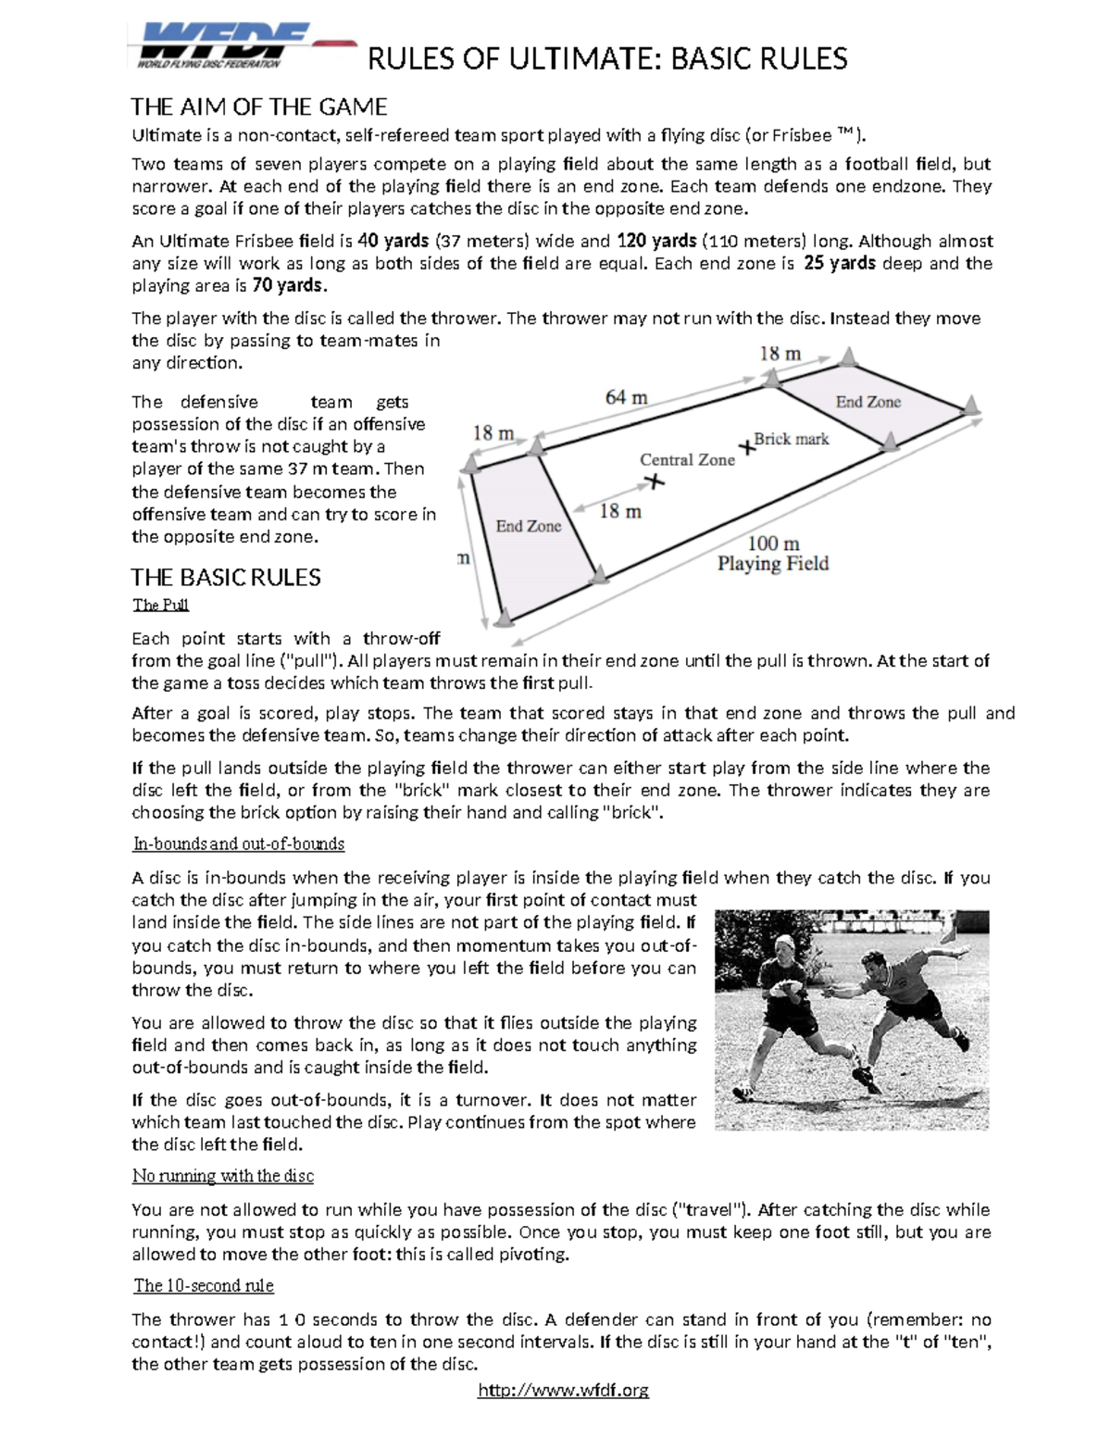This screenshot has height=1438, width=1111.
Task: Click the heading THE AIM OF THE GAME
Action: click(x=258, y=106)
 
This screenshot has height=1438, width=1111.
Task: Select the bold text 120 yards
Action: click(x=657, y=242)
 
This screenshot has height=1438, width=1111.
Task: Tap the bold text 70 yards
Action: click(x=289, y=285)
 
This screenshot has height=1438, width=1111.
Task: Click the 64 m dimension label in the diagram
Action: click(x=626, y=397)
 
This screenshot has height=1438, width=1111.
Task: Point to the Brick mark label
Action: click(x=792, y=439)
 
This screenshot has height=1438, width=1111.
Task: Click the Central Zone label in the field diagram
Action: click(x=687, y=460)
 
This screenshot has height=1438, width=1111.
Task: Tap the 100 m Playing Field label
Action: click(x=773, y=554)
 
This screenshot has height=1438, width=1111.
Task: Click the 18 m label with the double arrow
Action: click(x=620, y=511)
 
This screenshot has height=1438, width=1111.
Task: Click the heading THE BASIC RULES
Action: click(x=226, y=578)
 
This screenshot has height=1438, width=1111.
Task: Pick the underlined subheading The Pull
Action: click(x=161, y=605)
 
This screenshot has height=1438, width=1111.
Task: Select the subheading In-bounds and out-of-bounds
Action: click(x=239, y=844)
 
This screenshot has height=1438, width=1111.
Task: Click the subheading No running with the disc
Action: click(x=223, y=1176)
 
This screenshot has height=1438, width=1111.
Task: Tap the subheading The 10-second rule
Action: click(x=204, y=1285)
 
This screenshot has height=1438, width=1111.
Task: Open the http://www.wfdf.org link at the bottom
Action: click(x=563, y=1390)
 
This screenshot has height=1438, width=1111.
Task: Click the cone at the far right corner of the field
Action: click(x=970, y=405)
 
